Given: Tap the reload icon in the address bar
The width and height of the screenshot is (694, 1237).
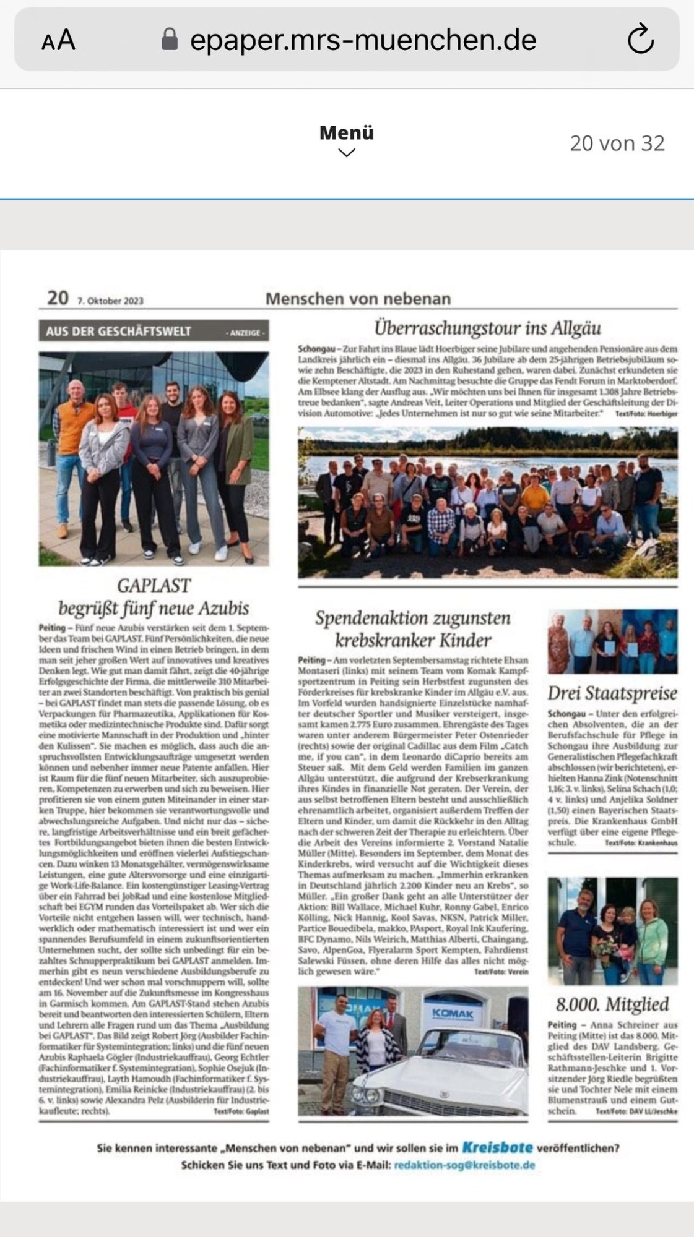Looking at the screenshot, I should [640, 40].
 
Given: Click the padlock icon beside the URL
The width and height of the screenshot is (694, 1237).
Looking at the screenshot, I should [170, 40].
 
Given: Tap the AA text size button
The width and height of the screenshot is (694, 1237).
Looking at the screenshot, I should [58, 41].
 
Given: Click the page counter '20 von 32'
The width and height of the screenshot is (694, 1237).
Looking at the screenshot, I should [617, 143].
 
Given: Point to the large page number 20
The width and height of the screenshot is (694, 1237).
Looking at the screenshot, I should [58, 298].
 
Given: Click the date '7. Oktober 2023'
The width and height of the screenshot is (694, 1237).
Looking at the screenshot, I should [110, 301].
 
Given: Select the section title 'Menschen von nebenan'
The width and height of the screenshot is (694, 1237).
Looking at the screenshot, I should [358, 299].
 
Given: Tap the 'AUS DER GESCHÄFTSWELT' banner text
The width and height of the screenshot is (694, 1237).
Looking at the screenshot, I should [118, 332].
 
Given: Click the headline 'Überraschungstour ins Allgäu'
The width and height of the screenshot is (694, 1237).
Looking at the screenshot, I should [487, 327].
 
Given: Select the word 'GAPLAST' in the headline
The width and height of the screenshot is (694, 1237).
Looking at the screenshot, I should [154, 584].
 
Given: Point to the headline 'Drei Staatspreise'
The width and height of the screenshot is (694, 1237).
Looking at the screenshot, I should [612, 693].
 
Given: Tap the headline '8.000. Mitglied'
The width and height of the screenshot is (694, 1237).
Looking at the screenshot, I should [612, 1003].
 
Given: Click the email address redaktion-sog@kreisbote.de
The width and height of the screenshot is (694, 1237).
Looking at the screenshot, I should [464, 1165].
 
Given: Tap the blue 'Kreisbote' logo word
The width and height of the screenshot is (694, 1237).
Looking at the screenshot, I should [497, 1147].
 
